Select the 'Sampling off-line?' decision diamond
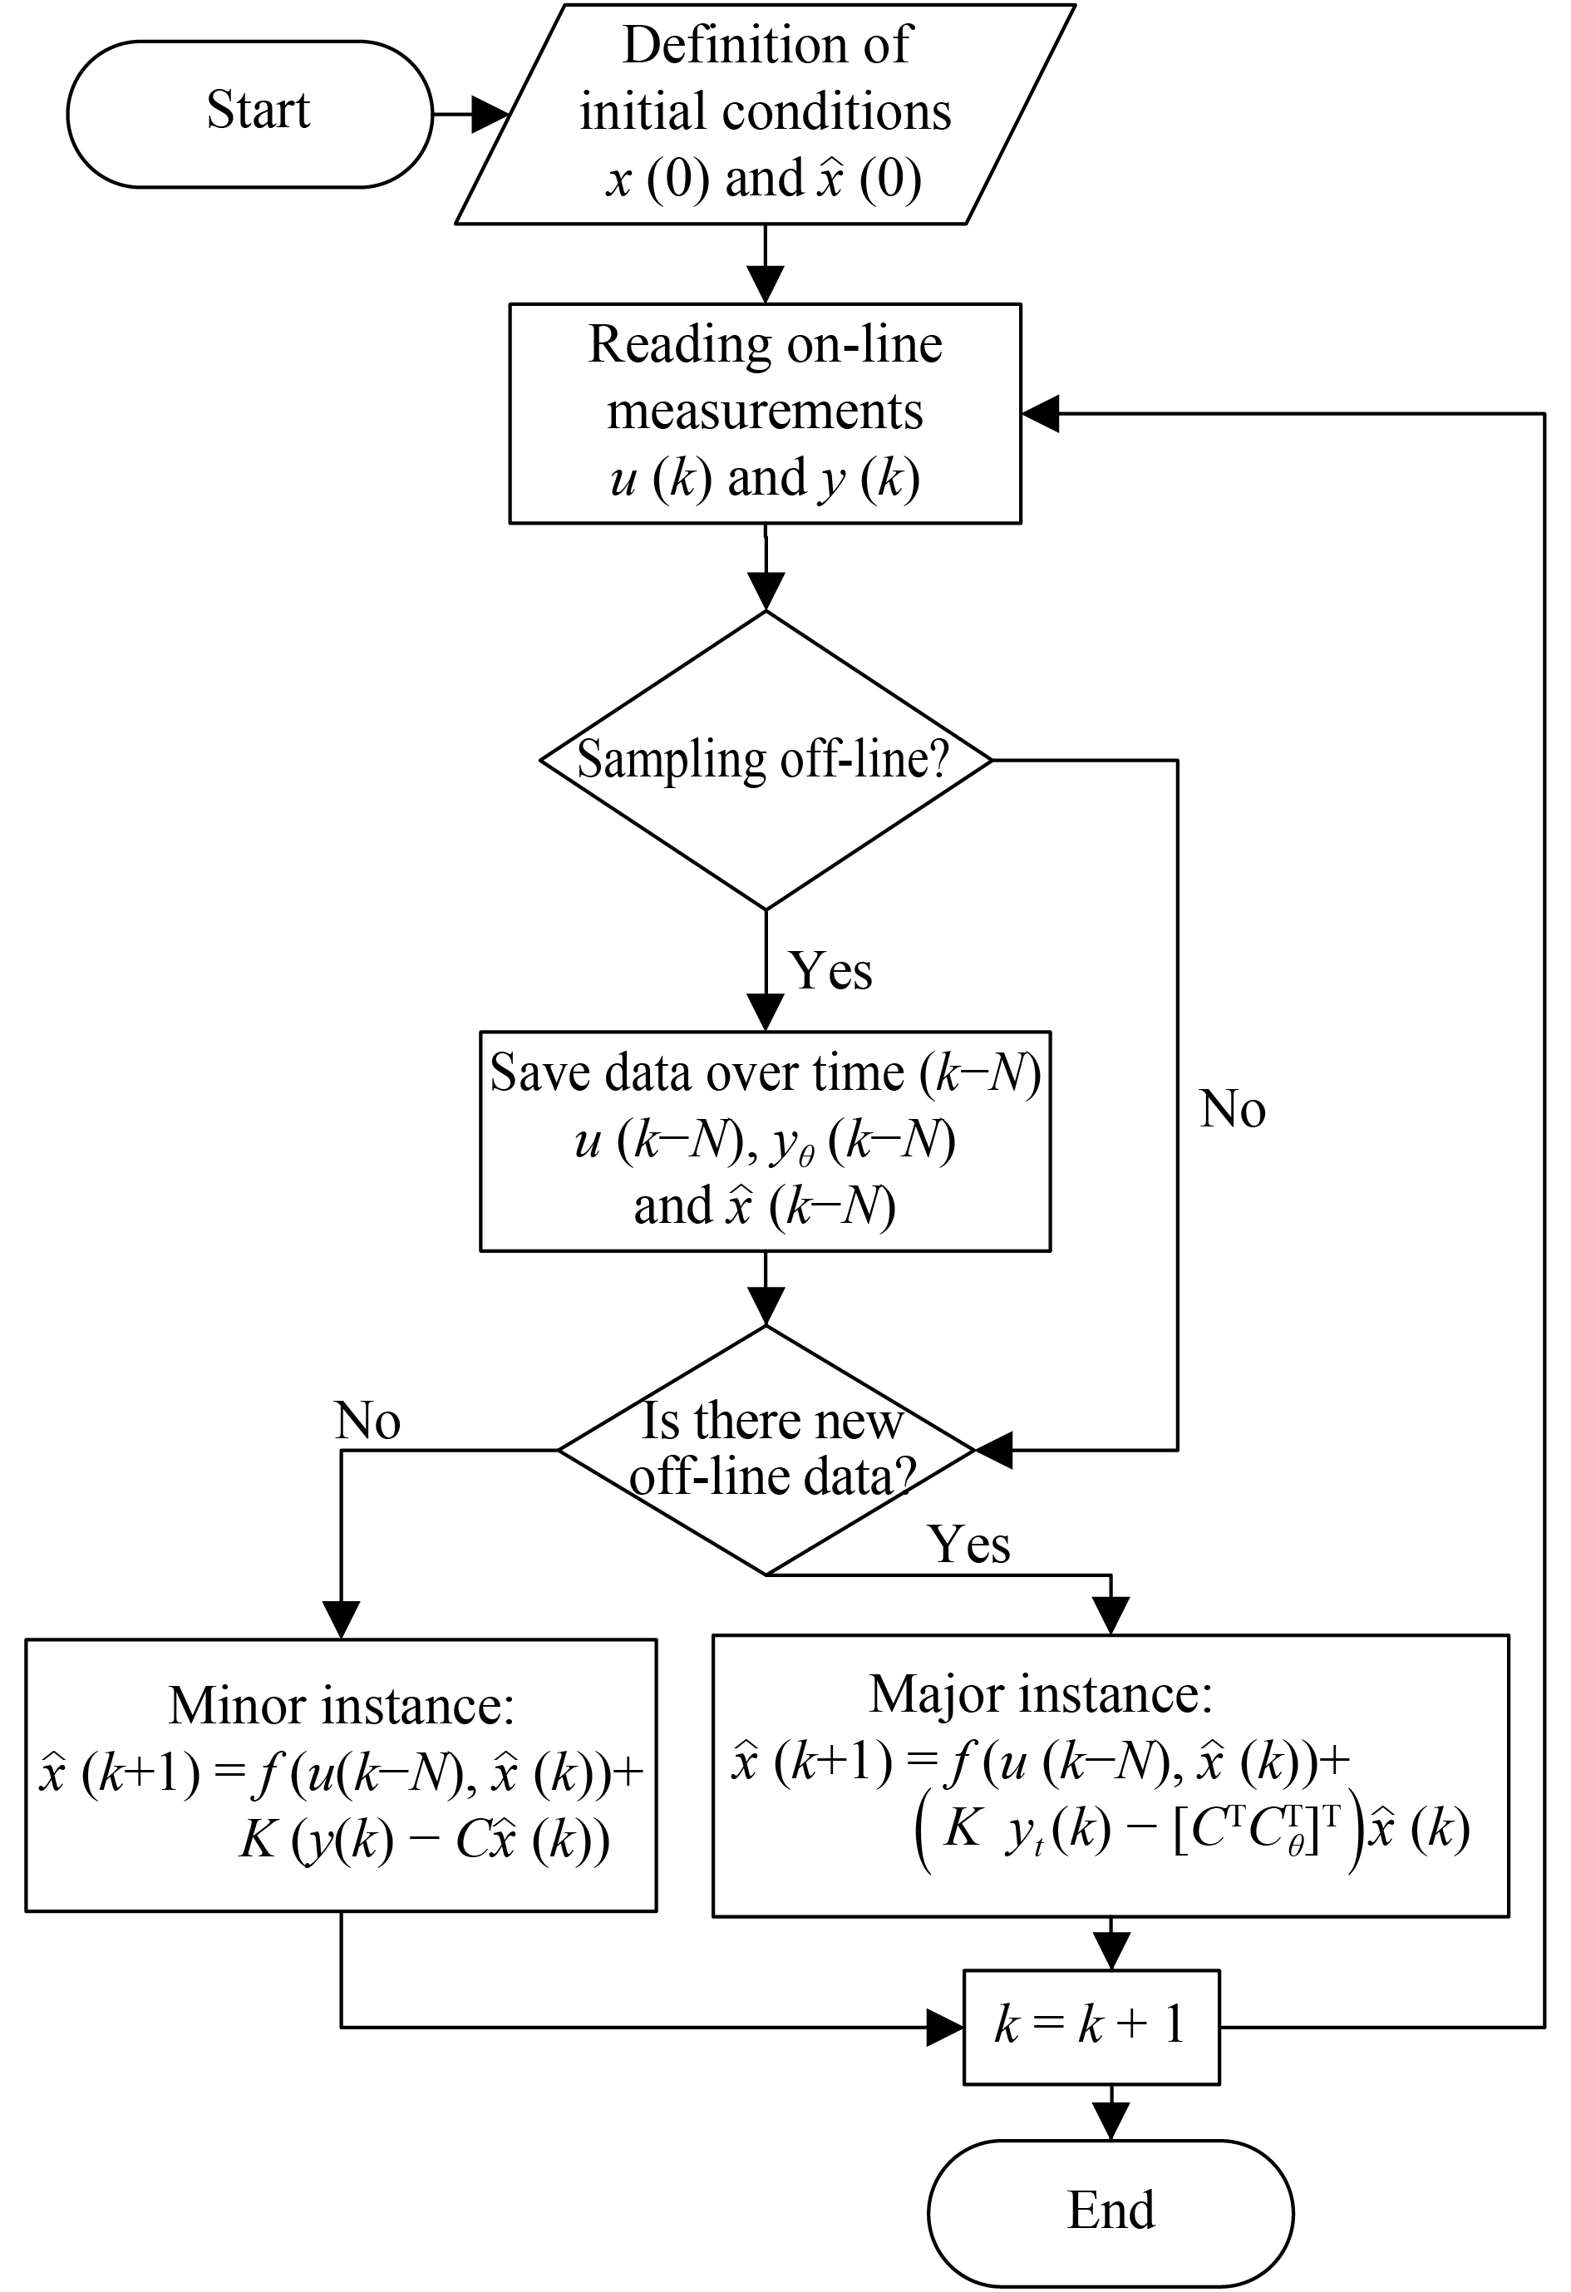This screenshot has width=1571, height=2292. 766,759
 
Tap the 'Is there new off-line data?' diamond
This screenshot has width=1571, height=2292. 766,1449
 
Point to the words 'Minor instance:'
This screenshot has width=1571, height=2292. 342,1705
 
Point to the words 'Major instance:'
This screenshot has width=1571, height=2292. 1041,1694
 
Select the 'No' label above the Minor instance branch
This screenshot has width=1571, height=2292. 367,1421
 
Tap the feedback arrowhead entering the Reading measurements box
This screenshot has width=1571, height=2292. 1041,414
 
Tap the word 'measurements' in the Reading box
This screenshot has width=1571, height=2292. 766,411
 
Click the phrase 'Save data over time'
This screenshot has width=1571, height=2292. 697,1072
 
